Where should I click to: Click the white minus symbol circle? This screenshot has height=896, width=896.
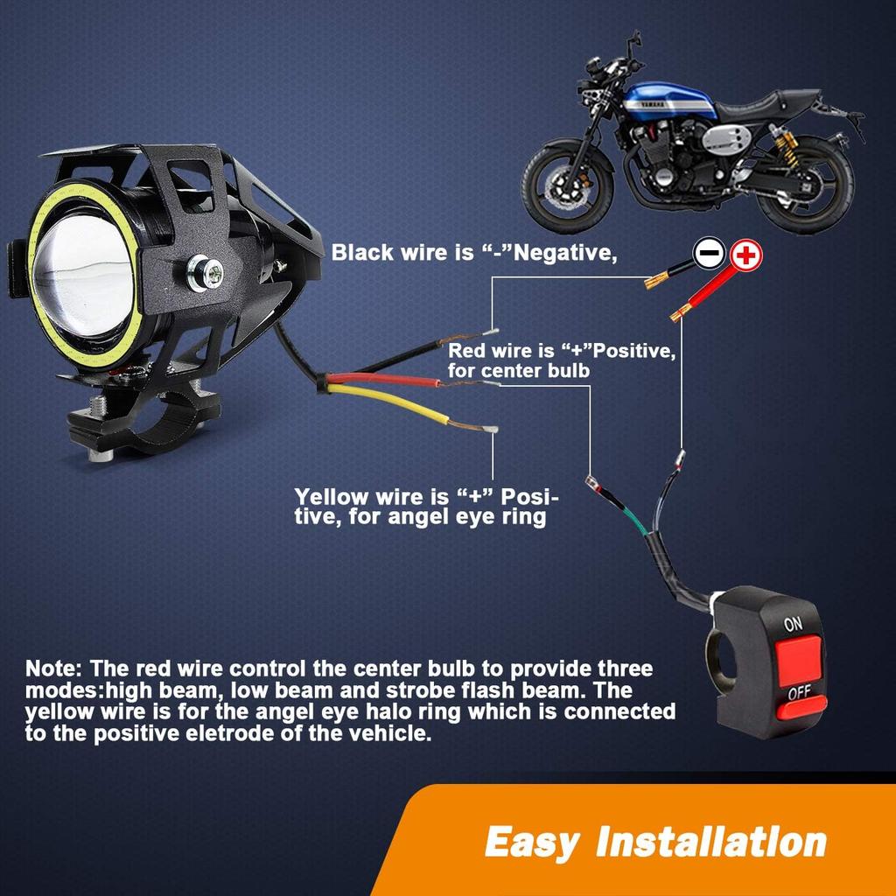(710, 255)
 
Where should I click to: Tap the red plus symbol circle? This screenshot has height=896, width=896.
(746, 255)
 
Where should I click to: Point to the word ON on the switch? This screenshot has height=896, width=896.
(793, 625)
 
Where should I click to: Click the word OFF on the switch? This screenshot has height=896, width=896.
(799, 695)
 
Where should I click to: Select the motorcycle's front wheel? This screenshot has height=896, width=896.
(566, 188)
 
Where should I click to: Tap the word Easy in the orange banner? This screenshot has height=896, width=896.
(531, 843)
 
